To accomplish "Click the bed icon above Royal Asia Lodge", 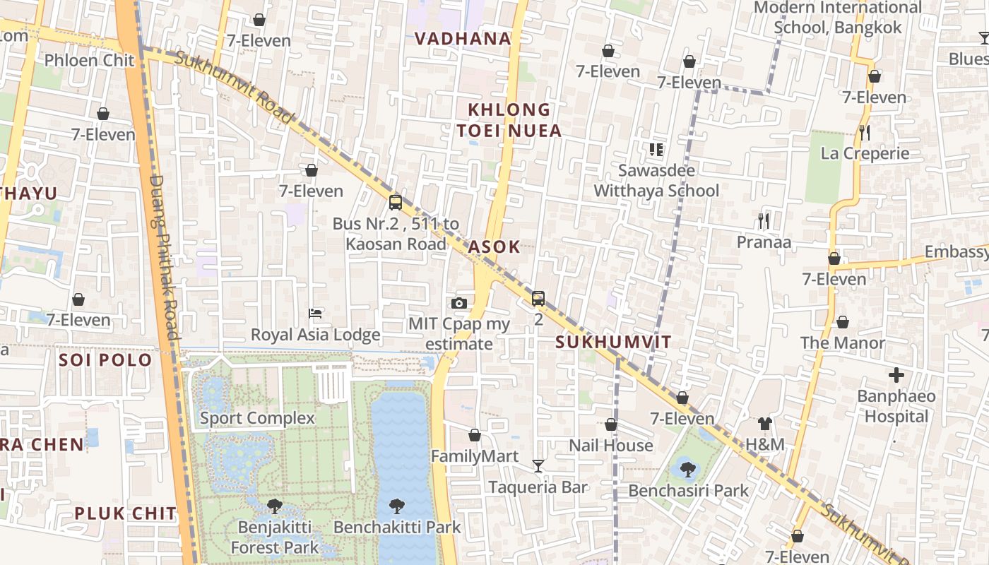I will coord(316,313).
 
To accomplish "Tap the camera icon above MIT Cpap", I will coord(459,304).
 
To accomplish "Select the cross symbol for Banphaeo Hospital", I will coord(896,374).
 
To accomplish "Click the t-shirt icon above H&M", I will coord(765,424).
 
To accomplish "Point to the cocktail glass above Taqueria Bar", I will coord(538,466).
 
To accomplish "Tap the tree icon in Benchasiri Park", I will coord(687,469).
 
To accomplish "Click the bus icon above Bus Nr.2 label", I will coord(396,203).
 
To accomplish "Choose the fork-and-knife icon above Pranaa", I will coord(764,221).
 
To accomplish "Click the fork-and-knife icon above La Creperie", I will coord(864,132).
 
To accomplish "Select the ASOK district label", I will coord(494,247).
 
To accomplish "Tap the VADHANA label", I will coord(463,39).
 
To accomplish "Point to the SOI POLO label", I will coord(105,360).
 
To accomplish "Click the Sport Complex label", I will coord(257,418).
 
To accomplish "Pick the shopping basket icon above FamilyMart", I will coord(475,435).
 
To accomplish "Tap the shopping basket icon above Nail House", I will coord(611,424).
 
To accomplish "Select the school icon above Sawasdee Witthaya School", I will coord(656,149).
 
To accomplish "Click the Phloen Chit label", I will coord(89,61).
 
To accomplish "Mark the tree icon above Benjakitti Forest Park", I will coord(275,506).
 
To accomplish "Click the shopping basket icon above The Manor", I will coord(843,322).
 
